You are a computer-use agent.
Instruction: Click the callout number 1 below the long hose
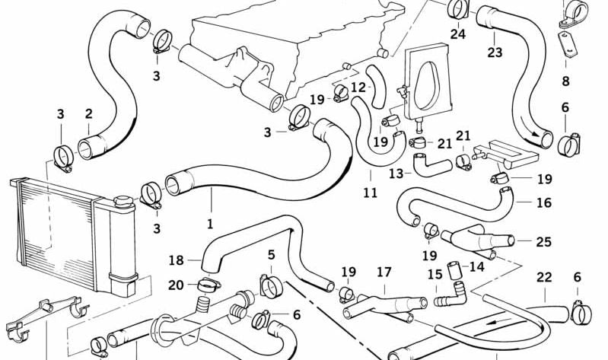(210, 225)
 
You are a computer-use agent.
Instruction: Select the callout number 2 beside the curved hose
(88, 114)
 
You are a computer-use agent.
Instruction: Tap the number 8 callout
(565, 81)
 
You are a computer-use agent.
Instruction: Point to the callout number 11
(370, 193)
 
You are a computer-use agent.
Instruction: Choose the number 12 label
(358, 87)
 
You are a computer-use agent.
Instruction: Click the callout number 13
(396, 174)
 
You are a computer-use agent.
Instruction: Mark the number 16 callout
(543, 202)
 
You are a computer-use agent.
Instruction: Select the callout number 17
(384, 271)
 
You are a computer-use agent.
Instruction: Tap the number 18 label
(176, 260)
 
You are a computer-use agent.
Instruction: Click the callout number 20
(176, 285)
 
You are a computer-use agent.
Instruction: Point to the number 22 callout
(543, 277)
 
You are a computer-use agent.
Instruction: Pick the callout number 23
(495, 53)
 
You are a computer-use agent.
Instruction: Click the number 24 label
(457, 33)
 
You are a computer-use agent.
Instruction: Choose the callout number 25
(543, 242)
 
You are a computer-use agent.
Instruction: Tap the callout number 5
(271, 254)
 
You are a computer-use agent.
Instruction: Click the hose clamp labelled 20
(207, 286)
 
